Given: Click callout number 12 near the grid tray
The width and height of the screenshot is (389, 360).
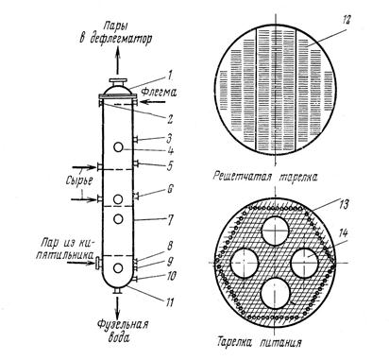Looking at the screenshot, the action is [346, 19].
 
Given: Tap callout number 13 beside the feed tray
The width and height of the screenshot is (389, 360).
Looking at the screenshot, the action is [344, 204].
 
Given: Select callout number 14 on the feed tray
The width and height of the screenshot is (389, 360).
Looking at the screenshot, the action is [344, 233].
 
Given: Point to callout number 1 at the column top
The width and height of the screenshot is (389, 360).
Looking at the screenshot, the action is [169, 76].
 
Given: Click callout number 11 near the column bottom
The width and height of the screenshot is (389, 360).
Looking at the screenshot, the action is [169, 302].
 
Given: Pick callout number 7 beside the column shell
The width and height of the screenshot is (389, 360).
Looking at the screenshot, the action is [170, 220].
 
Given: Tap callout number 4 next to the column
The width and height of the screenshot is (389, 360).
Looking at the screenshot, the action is [170, 151].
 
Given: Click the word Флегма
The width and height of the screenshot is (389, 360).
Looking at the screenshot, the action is [159, 92].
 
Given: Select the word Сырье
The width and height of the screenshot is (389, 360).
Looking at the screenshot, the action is [79, 180].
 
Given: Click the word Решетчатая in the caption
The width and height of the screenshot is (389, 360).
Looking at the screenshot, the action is [242, 176].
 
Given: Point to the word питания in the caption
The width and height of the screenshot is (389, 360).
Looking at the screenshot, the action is [280, 342].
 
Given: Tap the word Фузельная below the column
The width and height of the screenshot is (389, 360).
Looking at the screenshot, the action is [123, 324].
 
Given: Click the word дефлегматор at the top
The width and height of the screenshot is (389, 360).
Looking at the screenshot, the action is [120, 39].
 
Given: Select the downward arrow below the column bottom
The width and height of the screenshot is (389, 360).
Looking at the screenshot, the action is [118, 307].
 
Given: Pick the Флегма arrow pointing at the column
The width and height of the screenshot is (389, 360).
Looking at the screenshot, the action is [152, 101].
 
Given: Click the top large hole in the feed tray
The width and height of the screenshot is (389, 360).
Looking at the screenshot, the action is [276, 231].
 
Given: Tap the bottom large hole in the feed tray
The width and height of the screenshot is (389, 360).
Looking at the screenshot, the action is [276, 294].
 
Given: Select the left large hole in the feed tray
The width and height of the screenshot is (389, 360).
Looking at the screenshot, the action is [245, 263].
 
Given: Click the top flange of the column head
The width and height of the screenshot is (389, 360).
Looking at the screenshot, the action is [118, 80].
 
